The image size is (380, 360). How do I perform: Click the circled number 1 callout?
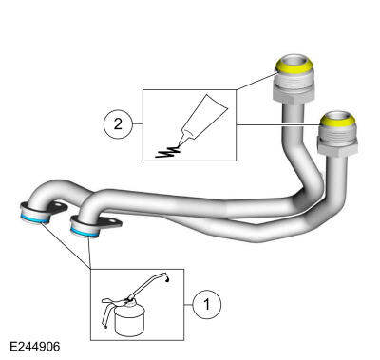click(204, 304)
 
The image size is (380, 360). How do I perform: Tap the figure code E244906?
click(36, 348)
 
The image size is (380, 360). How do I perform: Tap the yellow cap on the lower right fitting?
click(338, 121)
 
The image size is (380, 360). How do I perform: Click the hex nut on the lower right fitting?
click(338, 145)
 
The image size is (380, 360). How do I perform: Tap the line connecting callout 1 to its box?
click(188, 304)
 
